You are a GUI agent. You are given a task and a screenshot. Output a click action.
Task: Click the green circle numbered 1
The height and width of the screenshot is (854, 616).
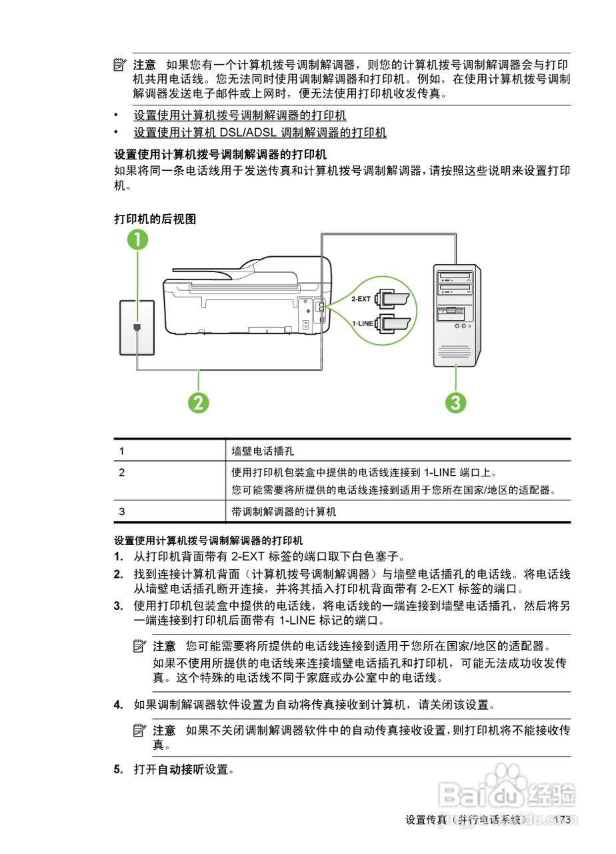pos(137,240)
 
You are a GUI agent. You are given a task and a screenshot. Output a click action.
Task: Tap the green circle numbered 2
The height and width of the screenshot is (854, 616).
pos(198,402)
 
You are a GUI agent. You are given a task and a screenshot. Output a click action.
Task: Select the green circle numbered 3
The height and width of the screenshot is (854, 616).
pos(456,402)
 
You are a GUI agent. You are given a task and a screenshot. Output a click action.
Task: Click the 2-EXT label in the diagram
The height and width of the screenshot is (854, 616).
pos(361,299)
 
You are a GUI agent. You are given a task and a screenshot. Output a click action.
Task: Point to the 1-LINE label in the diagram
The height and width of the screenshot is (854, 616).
pos(363,324)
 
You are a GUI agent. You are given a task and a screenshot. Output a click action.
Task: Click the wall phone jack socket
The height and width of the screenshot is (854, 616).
pos(137,328)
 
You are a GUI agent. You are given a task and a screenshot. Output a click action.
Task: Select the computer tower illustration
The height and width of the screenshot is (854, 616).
pos(457,315)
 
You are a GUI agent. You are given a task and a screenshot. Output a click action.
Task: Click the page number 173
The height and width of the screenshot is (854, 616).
pos(562,820)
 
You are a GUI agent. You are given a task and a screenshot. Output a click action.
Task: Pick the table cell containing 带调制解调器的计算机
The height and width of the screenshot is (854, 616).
pos(284,512)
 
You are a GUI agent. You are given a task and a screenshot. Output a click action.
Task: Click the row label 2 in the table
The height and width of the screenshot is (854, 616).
pos(122,472)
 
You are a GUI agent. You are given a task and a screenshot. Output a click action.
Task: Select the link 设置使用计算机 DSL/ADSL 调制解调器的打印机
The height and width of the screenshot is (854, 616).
pos(260,132)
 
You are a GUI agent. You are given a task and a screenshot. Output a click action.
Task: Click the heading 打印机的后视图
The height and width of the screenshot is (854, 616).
pos(155,219)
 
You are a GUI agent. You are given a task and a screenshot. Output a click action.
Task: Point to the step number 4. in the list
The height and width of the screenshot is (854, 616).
pos(118,705)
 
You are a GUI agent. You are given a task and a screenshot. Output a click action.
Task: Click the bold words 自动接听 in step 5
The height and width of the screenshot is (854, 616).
pos(180,770)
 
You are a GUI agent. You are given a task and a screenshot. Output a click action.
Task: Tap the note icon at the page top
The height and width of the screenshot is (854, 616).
pos(119,65)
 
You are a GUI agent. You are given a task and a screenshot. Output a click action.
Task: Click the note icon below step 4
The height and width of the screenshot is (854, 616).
pos(139,731)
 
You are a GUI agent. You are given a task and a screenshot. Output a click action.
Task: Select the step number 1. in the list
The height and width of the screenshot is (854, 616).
pos(118,556)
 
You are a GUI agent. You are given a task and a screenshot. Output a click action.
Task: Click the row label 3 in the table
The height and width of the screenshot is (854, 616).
pos(122,512)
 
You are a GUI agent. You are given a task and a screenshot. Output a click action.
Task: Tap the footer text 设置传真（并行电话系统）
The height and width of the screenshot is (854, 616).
pos(467,820)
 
